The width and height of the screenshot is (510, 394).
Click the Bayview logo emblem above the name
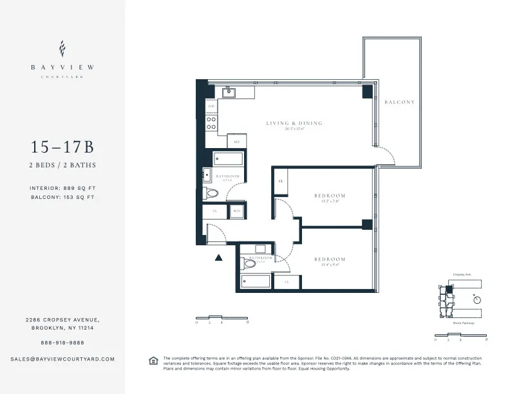tap(62, 48)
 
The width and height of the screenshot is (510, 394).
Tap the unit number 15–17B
tap(62, 146)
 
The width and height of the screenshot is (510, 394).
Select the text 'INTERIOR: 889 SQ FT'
tap(62, 188)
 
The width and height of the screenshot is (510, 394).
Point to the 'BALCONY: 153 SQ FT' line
tap(62, 198)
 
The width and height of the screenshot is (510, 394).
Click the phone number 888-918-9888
tap(62, 342)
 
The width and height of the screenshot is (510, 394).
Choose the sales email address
tap(62, 359)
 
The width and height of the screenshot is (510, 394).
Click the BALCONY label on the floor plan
tap(399, 102)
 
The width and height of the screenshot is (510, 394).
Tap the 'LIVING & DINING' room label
tap(294, 123)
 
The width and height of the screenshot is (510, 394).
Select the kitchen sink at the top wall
tap(228, 93)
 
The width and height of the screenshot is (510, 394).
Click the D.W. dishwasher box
tap(211, 106)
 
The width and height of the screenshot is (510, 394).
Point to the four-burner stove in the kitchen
tap(211, 123)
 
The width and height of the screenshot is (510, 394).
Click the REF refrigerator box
tap(236, 142)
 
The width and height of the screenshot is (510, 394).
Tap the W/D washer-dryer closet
tap(236, 211)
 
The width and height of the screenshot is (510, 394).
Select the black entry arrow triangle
tap(218, 258)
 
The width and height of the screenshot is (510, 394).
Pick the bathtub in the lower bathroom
tap(256, 281)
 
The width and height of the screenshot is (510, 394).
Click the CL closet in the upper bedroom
tap(280, 182)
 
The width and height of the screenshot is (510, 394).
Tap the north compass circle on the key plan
tap(477, 299)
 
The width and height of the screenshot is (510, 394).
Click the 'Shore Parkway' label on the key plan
tap(464, 323)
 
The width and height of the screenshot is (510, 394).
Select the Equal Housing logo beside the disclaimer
tap(153, 360)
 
